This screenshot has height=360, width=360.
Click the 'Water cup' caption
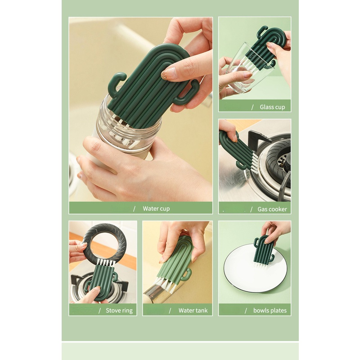pos(156,208)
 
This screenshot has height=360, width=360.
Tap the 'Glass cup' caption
pos(272,107)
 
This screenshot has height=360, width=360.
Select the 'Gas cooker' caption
pos(272,209)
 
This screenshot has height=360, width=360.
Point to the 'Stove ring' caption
pos(119,310)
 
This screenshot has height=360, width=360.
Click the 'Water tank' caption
pos(193,310)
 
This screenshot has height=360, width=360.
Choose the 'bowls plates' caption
pos(270,310)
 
